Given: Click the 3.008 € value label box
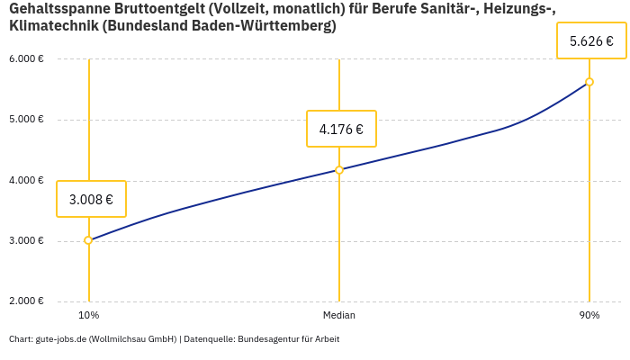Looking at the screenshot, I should pyautogui.click(x=91, y=199).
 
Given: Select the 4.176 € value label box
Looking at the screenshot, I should pyautogui.click(x=341, y=129).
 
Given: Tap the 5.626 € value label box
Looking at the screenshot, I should pyautogui.click(x=591, y=40).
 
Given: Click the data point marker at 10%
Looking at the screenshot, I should pyautogui.click(x=88, y=240).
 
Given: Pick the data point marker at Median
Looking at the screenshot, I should pyautogui.click(x=339, y=169).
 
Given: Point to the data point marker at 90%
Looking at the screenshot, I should pyautogui.click(x=589, y=82).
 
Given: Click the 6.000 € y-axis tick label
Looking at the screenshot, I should pyautogui.click(x=26, y=58).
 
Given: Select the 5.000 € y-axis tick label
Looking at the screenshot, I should pyautogui.click(x=26, y=119).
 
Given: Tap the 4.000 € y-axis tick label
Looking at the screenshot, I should pyautogui.click(x=26, y=180).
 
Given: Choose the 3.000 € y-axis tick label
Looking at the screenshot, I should pyautogui.click(x=26, y=240).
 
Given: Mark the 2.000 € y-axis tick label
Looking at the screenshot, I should pyautogui.click(x=26, y=301).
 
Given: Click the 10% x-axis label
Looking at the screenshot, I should pyautogui.click(x=88, y=315).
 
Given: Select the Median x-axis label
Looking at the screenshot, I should pyautogui.click(x=339, y=315).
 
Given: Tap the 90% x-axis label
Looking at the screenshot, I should pyautogui.click(x=589, y=315).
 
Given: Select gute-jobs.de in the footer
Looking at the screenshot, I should pyautogui.click(x=60, y=339).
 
